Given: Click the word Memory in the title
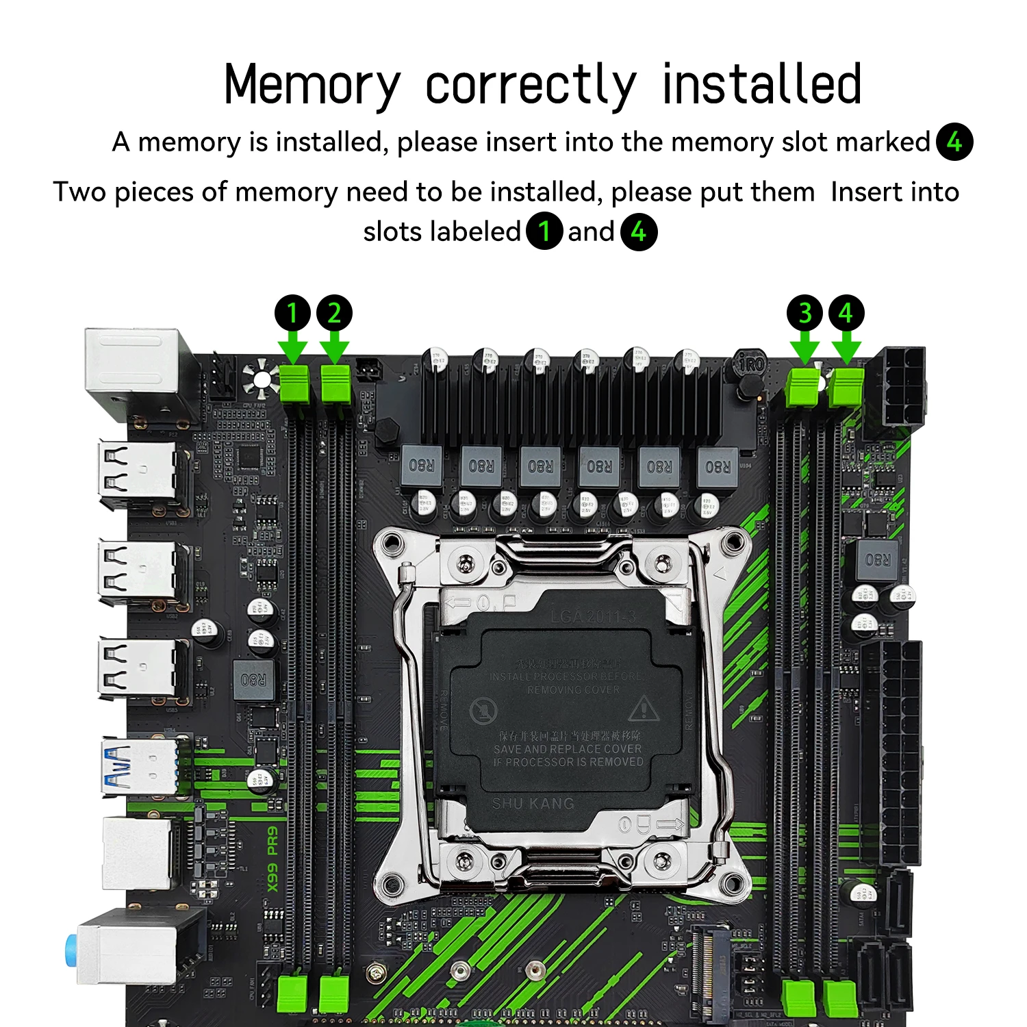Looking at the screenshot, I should click(312, 85).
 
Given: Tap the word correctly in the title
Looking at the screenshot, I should click(531, 85).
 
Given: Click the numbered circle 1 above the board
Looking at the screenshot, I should click(292, 313).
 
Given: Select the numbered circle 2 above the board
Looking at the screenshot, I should click(334, 313).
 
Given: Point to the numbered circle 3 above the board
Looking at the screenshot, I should click(805, 313).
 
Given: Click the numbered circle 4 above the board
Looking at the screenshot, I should click(846, 313).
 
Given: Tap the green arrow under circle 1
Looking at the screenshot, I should click(294, 347).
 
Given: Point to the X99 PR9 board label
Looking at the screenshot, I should click(272, 859).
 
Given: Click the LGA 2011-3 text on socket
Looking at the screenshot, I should click(593, 617).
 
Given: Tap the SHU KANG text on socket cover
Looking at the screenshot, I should click(533, 803).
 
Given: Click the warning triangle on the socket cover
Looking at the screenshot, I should click(643, 709).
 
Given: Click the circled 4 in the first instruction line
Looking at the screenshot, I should click(954, 142).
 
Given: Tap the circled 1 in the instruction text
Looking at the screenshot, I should click(544, 231).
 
